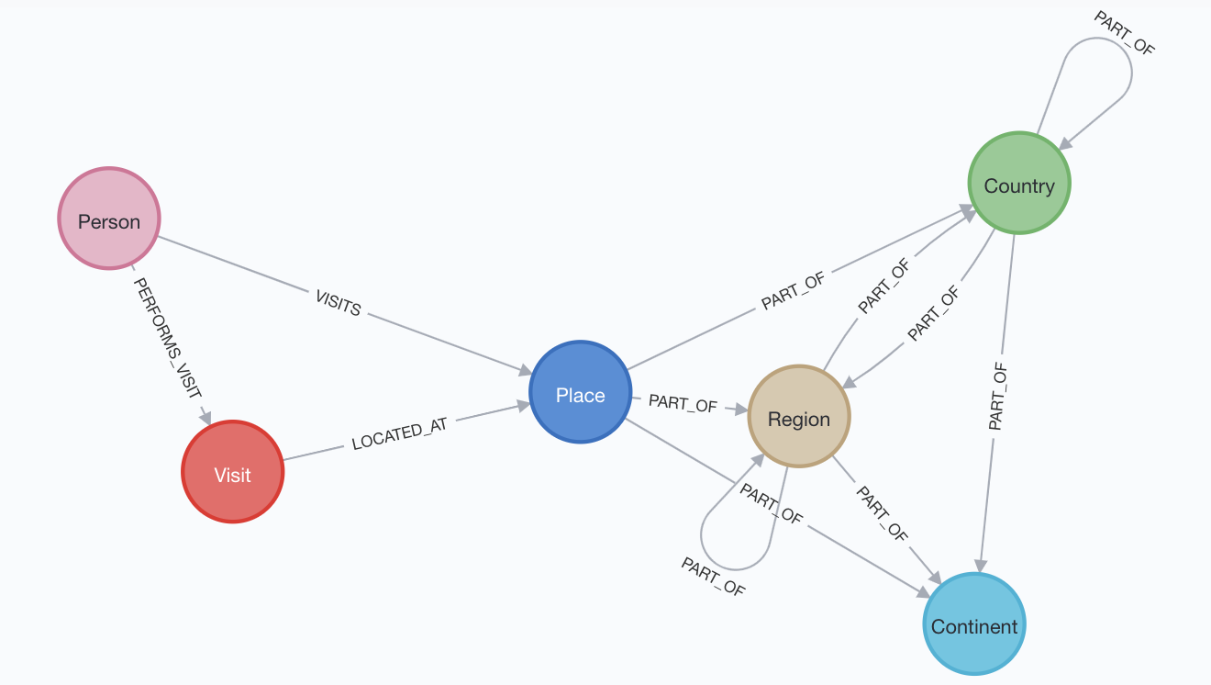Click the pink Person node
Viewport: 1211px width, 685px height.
109,219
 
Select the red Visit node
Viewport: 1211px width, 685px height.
233,472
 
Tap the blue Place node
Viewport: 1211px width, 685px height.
581,392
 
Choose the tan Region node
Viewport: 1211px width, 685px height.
799,417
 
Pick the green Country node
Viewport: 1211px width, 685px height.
1019,183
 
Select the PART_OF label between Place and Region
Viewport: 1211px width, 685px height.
683,403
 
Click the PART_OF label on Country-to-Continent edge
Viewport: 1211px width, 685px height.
997,397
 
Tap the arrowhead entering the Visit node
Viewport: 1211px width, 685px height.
206,418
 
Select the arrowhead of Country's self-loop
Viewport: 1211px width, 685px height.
1065,144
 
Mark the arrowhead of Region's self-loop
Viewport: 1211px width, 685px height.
759,458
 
